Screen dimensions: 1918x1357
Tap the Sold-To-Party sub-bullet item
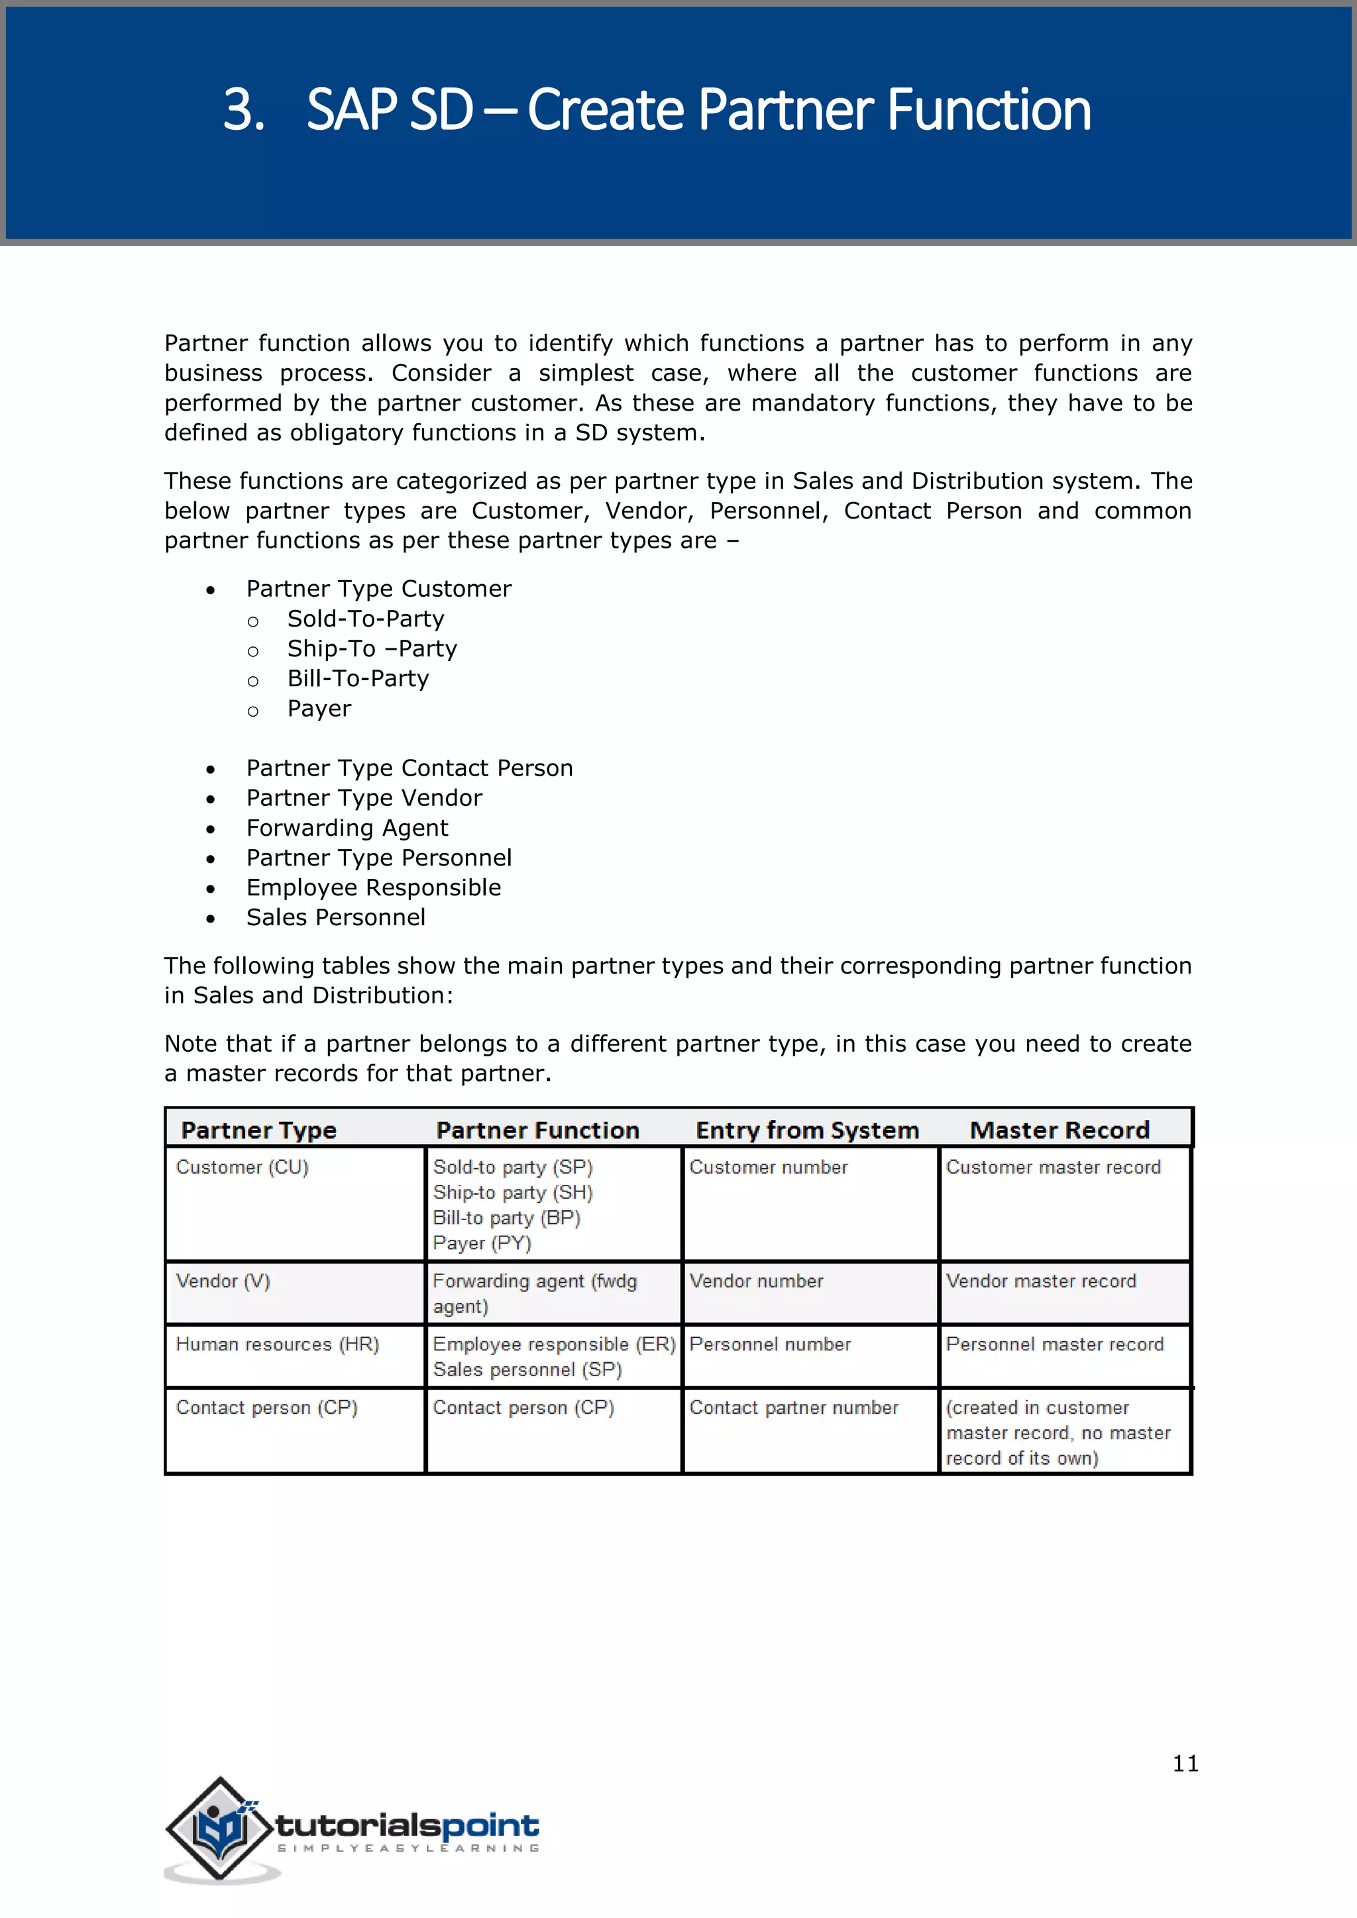365,619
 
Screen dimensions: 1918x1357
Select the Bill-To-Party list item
358,678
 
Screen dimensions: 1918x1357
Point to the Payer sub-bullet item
319,709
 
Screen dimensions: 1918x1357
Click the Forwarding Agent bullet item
347,828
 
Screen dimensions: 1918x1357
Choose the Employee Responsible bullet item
374,887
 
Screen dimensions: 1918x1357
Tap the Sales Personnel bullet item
336,917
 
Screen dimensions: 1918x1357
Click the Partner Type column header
259,1131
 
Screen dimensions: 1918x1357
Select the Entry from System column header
807,1131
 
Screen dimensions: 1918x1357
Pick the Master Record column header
1059,1131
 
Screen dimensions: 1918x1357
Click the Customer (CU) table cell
243,1167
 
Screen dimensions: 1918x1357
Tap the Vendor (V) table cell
223,1281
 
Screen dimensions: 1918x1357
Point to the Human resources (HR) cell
278,1344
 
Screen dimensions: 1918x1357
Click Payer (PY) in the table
482,1243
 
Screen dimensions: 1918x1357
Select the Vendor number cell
756,1281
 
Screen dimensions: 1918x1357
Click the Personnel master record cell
1054,1344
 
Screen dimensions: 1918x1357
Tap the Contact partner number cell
794,1407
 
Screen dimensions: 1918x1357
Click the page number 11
1185,1764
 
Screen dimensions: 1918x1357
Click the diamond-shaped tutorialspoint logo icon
220,1828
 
